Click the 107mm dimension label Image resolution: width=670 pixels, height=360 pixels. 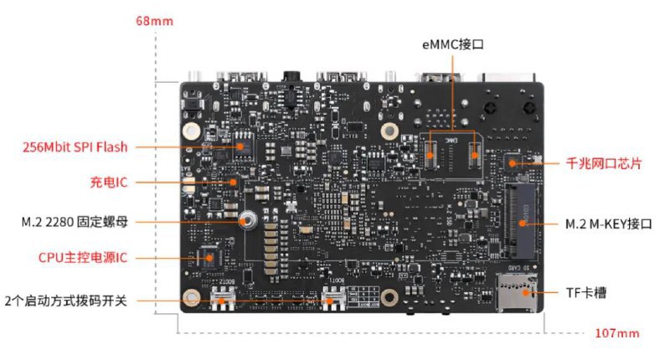(x=617, y=333)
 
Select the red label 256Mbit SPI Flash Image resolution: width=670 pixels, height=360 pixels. (x=75, y=147)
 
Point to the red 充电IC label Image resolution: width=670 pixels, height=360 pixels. (x=108, y=182)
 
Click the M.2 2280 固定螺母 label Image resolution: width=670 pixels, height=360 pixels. (x=75, y=223)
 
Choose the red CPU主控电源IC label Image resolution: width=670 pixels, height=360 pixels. (x=82, y=258)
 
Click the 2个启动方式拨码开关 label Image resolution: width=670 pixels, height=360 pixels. (x=65, y=299)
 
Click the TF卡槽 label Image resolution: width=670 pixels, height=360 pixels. (x=586, y=293)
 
